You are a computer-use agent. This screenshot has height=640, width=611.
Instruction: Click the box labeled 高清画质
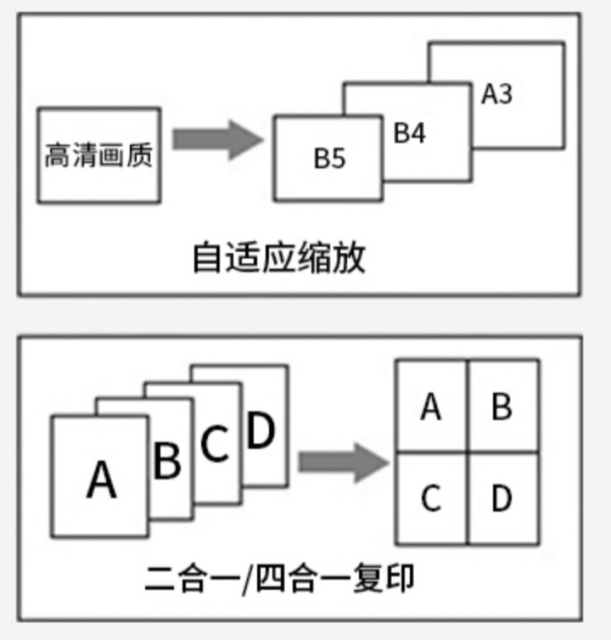[x=98, y=155]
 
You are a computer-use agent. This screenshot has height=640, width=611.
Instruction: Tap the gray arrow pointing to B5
[x=217, y=139]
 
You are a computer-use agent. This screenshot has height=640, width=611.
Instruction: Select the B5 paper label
[x=330, y=159]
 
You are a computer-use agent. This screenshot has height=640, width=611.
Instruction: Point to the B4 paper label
[x=410, y=133]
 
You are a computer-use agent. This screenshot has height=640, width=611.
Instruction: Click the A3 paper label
[x=496, y=93]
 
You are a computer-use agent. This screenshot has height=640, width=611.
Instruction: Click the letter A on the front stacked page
[x=101, y=480]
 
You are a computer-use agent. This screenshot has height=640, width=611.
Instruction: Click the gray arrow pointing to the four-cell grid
[x=343, y=463]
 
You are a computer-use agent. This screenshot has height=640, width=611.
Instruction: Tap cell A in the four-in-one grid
[x=431, y=407]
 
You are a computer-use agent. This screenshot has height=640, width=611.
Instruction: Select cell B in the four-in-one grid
[x=502, y=407]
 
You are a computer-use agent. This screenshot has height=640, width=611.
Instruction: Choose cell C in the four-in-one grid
[x=431, y=498]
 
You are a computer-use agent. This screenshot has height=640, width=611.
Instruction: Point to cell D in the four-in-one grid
[x=502, y=498]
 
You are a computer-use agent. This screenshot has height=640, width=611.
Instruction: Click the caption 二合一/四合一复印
[x=280, y=581]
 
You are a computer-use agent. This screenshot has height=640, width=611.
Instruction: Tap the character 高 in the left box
[x=58, y=156]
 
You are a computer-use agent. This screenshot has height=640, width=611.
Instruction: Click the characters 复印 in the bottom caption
[x=386, y=581]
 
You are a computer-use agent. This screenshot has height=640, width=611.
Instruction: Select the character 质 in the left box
[x=140, y=156]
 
